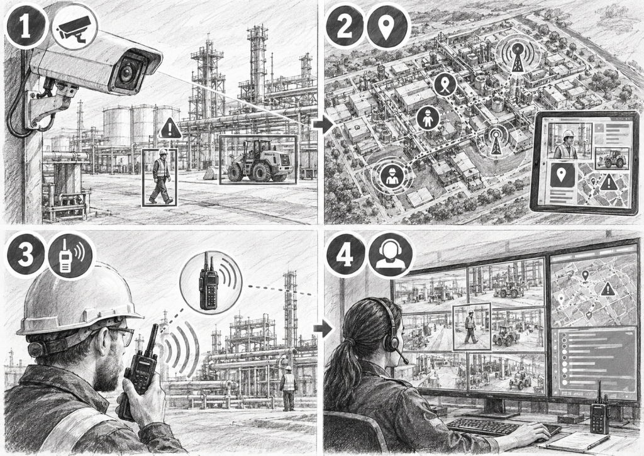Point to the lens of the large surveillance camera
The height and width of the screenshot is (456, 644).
click(126, 73)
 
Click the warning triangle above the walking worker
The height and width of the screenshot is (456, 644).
click(170, 128)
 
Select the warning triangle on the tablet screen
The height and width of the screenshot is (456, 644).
click(609, 182)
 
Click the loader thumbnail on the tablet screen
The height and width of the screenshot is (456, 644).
click(612, 158)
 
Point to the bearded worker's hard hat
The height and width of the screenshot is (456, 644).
click(77, 301)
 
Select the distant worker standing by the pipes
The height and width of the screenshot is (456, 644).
click(289, 388)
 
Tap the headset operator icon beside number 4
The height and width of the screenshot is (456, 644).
click(391, 256)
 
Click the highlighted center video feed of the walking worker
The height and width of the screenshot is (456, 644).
click(472, 326)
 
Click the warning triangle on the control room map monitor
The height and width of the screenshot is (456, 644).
click(608, 289)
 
